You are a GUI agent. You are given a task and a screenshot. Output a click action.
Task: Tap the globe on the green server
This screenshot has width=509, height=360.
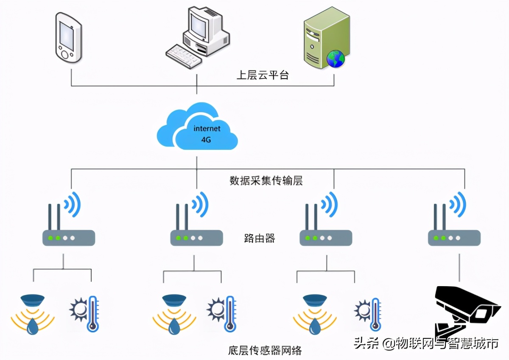point(336,59)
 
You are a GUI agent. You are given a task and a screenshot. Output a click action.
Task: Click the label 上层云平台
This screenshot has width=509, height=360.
point(262,76)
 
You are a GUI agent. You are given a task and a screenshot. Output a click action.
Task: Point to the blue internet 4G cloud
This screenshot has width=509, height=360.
point(197,127)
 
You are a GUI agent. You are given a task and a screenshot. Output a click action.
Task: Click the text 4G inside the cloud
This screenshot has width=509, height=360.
point(206,139)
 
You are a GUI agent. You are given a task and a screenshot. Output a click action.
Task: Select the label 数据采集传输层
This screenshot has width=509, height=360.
point(266,180)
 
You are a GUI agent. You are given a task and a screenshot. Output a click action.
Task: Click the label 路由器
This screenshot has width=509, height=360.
point(260,238)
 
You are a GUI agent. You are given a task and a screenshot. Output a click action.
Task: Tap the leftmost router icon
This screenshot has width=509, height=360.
point(68,238)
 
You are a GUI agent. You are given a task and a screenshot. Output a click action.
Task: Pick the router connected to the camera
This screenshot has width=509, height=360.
point(454,238)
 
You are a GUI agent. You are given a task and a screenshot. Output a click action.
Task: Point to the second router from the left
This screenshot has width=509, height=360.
point(196,238)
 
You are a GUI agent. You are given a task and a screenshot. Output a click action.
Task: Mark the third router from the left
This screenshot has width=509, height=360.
point(326,238)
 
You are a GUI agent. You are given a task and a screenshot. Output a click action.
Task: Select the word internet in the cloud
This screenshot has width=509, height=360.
point(207,128)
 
